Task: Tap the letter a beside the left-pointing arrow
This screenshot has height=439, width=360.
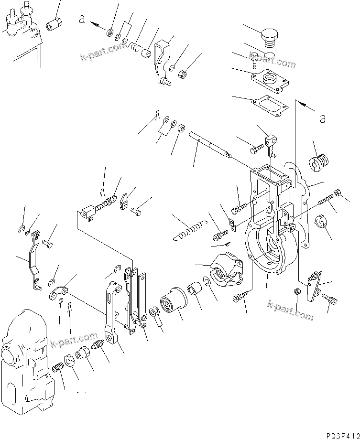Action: coord(83,19)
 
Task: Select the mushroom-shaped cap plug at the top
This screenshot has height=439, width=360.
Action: coord(269,37)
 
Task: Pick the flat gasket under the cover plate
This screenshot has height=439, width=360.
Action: coord(271,106)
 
